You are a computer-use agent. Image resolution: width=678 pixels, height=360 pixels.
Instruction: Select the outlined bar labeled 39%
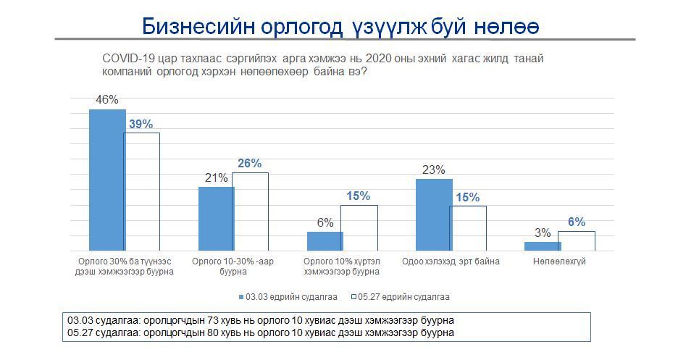[x=142, y=192]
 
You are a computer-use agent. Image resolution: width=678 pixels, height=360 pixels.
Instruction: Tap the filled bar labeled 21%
[x=216, y=219]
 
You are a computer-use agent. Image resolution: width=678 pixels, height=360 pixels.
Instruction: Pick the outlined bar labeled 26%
[x=251, y=212]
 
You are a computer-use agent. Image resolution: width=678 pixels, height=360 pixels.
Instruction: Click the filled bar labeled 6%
[x=325, y=241]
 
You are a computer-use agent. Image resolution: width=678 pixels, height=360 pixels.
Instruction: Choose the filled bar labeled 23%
[x=433, y=215]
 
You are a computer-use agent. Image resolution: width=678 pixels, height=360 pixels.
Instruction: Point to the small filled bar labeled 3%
[x=543, y=246]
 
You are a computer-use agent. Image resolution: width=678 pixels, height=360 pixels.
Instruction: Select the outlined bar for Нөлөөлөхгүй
[x=577, y=241]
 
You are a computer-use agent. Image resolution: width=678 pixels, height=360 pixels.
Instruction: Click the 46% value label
[x=106, y=101]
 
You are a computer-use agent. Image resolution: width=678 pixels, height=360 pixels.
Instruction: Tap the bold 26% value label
[x=249, y=164]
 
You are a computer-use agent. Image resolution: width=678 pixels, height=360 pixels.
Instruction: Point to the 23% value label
[x=433, y=170]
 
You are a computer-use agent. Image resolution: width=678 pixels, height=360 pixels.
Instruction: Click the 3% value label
[x=543, y=233]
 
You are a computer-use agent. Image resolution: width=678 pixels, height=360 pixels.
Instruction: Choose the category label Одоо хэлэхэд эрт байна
[x=451, y=261]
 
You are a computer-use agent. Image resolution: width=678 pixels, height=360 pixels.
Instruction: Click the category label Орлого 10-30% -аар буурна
[x=234, y=267]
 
